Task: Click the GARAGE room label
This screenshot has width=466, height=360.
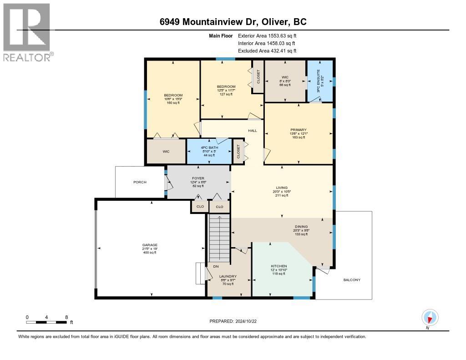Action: (x=150, y=245)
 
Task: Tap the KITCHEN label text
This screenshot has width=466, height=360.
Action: (x=279, y=266)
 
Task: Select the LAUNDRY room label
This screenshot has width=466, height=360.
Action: (x=228, y=276)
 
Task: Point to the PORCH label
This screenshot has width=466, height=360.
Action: (x=140, y=182)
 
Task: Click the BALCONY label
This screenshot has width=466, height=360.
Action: (x=351, y=279)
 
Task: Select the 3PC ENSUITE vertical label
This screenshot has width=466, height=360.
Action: (x=318, y=81)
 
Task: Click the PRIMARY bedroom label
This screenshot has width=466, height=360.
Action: (x=299, y=130)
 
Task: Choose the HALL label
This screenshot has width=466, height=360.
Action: (x=252, y=131)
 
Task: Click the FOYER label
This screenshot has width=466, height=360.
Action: (x=198, y=178)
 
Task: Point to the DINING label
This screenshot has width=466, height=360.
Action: (x=301, y=227)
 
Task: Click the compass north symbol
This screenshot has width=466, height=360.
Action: (x=430, y=317)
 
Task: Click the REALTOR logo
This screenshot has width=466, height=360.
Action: (x=27, y=32)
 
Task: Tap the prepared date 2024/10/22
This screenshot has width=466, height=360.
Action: (x=233, y=321)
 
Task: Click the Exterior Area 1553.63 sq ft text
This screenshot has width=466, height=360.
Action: (x=267, y=35)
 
